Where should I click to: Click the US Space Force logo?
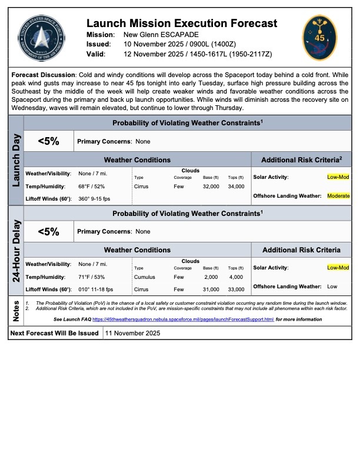pyautogui.click(x=41, y=38)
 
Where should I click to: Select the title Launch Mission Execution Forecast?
pyautogui.click(x=181, y=24)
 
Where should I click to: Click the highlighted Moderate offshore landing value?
pyautogui.click(x=339, y=196)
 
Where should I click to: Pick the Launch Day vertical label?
pyautogui.click(x=16, y=159)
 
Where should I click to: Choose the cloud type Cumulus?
pyautogui.click(x=145, y=277)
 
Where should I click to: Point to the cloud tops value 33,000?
pyautogui.click(x=235, y=290)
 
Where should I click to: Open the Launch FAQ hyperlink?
pyautogui.click(x=183, y=319)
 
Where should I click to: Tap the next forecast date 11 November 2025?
pyautogui.click(x=132, y=333)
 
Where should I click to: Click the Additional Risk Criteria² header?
pyautogui.click(x=301, y=159)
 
